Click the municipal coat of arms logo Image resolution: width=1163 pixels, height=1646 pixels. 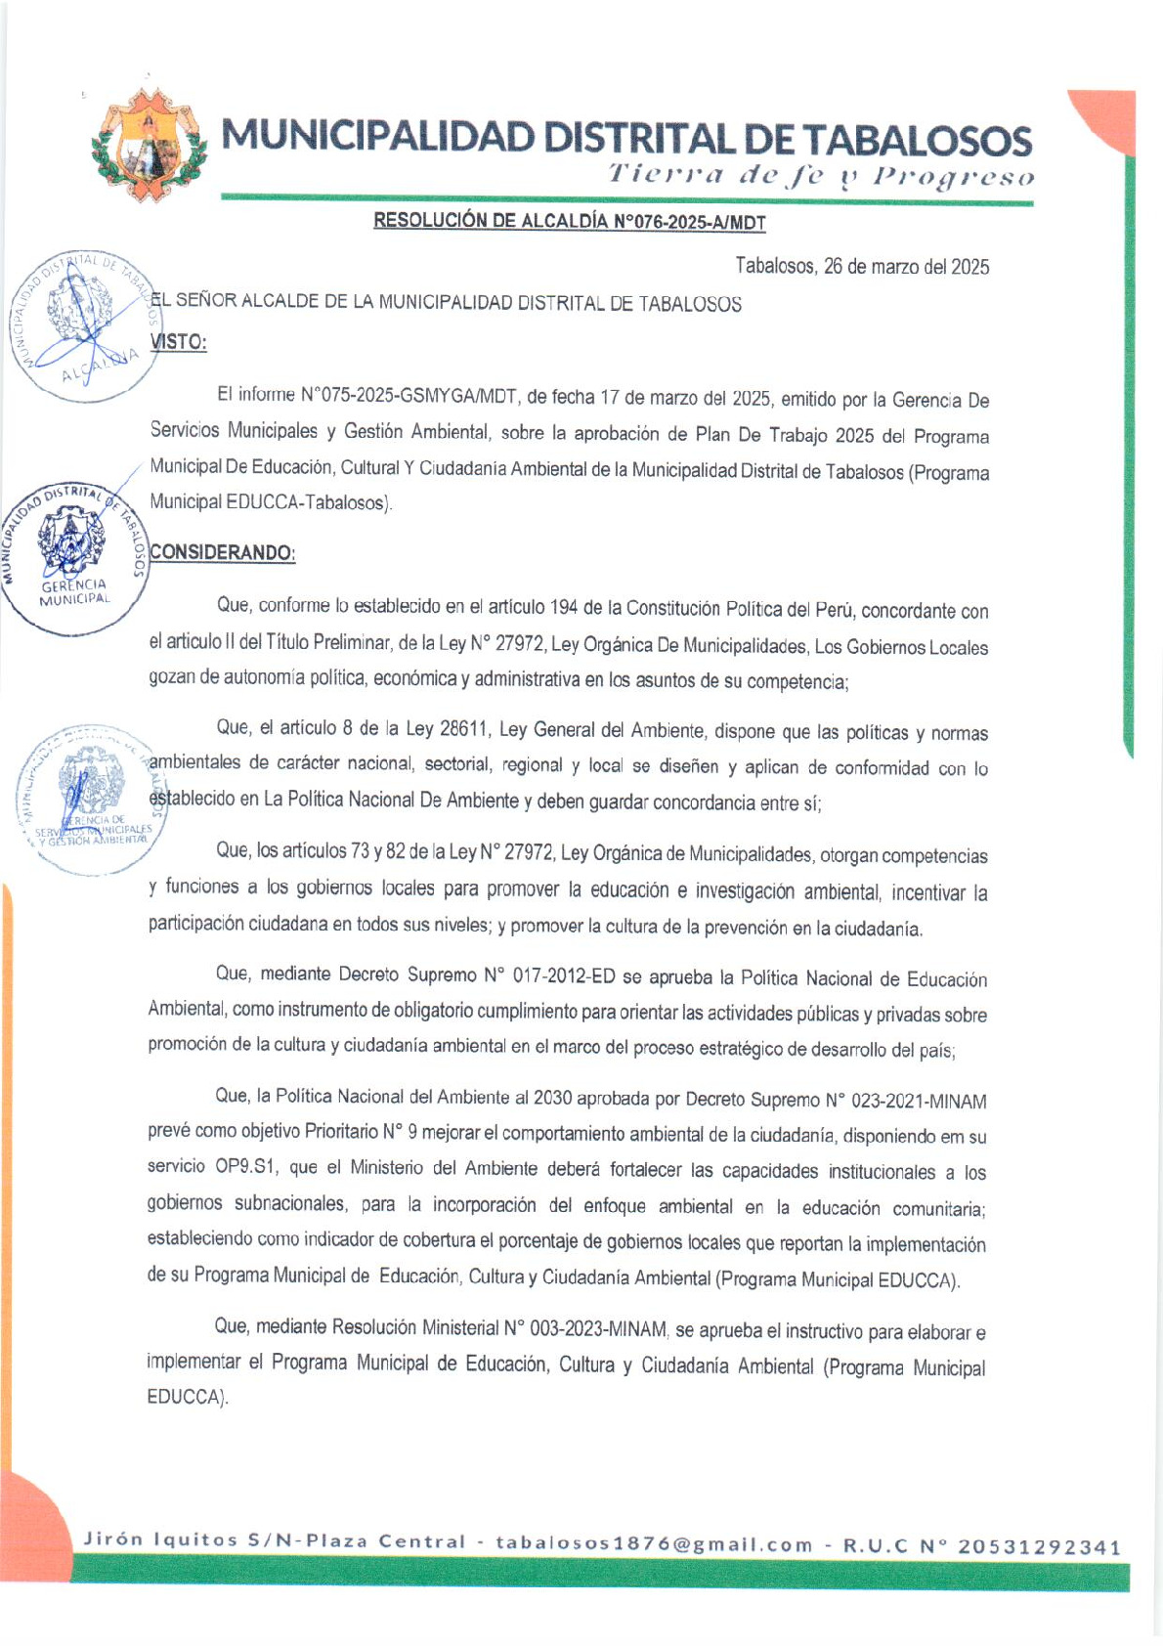pyautogui.click(x=149, y=146)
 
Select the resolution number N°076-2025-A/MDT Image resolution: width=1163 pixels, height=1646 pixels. pyautogui.click(x=689, y=223)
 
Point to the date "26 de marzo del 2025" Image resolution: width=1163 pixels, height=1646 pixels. pyautogui.click(x=906, y=267)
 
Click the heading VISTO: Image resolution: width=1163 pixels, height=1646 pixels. pyautogui.click(x=178, y=342)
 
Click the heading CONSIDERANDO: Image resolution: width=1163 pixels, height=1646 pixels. pyautogui.click(x=222, y=552)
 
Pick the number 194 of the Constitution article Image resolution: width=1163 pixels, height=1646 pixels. pyautogui.click(x=563, y=608)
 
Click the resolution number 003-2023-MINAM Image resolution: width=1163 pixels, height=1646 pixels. pyautogui.click(x=598, y=1328)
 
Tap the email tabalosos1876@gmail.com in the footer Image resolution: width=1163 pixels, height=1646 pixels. pyautogui.click(x=654, y=1544)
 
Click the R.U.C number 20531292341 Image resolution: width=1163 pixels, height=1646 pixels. pyautogui.click(x=1039, y=1546)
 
